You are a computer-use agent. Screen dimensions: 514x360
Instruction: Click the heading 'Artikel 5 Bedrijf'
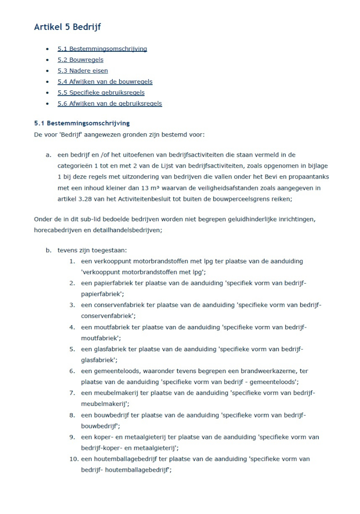67,27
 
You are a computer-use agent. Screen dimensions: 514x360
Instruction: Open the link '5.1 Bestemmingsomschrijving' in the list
102,49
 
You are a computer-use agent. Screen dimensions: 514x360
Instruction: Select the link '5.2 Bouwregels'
80,60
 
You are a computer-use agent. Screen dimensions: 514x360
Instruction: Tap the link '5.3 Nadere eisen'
83,71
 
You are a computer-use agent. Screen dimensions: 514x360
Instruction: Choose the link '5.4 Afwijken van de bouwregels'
105,82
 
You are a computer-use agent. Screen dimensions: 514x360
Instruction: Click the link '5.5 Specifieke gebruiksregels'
101,93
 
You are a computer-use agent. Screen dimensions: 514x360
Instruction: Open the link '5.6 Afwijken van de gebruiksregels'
110,104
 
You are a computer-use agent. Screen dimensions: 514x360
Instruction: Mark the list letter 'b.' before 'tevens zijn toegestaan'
49,250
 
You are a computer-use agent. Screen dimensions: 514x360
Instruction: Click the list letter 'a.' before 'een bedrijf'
49,155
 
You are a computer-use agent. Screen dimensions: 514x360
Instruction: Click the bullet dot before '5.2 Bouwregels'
47,60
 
